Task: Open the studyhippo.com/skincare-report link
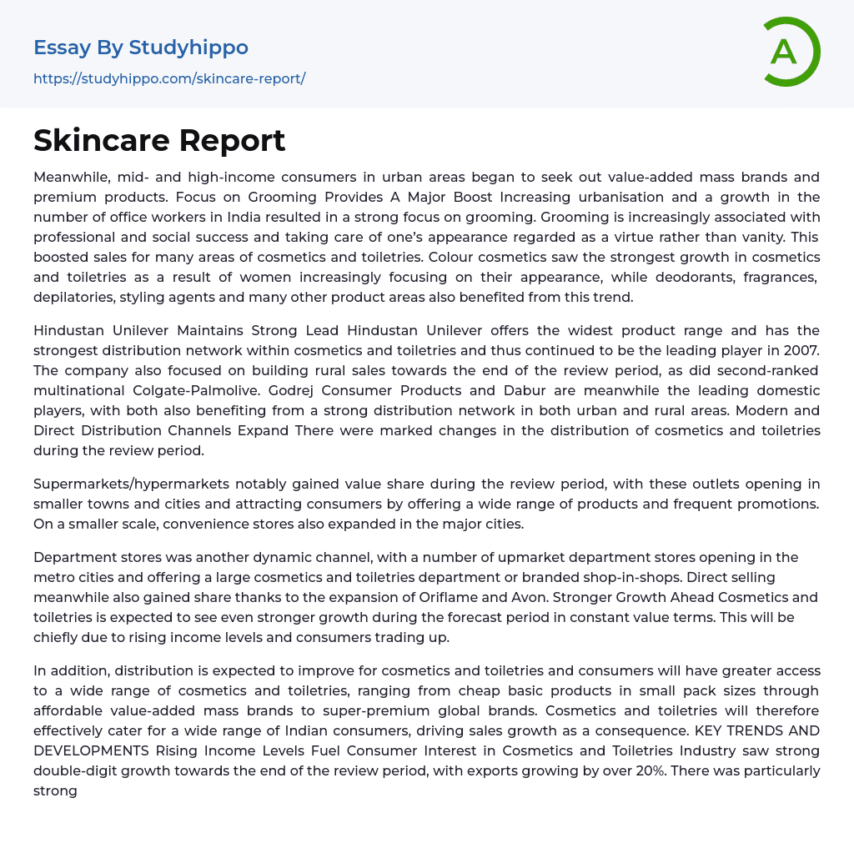[169, 78]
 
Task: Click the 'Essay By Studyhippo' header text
[141, 48]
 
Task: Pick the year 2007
[801, 350]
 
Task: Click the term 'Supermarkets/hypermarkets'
[130, 484]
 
